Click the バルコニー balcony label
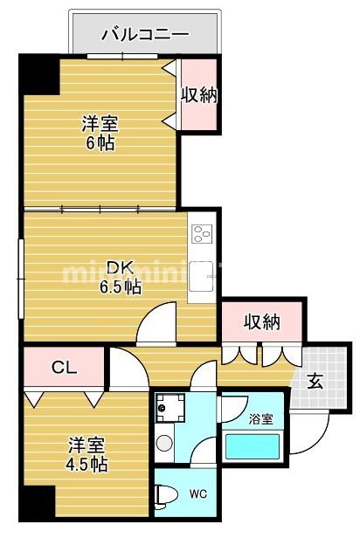(x=145, y=35)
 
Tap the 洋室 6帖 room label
(x=101, y=133)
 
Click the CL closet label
(x=64, y=367)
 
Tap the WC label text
(x=198, y=493)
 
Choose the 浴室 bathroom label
(x=260, y=418)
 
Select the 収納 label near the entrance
(x=262, y=322)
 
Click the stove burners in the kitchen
(x=202, y=233)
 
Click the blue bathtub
(x=253, y=446)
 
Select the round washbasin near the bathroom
(x=163, y=443)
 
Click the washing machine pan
(x=170, y=406)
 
